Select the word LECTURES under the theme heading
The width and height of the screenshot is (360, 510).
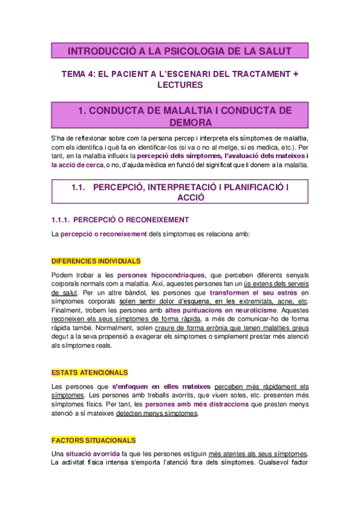click(x=180, y=85)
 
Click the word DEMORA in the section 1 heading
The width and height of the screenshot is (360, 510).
click(x=180, y=123)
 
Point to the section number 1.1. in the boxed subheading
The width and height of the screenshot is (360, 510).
click(x=80, y=188)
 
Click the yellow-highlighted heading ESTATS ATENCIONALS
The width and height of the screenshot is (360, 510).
click(x=90, y=373)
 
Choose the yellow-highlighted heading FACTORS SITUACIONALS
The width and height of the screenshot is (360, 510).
click(x=94, y=440)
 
